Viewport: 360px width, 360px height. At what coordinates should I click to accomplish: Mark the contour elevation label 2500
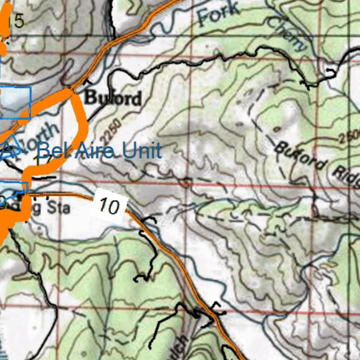[350, 136]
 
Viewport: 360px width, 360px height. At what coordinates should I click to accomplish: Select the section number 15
[16, 22]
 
